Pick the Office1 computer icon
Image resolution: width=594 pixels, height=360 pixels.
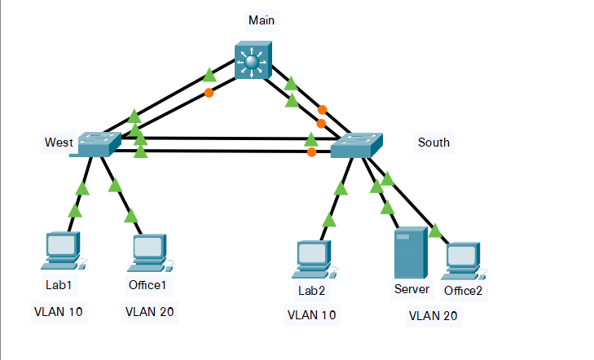tap(148, 253)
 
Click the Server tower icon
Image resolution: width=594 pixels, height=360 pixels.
tap(409, 253)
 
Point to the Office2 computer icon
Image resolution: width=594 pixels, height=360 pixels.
tap(462, 259)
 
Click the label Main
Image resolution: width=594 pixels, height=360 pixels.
tap(257, 19)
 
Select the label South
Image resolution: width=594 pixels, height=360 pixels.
tap(433, 143)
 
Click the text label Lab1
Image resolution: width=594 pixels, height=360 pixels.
tap(59, 286)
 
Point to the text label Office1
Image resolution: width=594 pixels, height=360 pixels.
tap(147, 286)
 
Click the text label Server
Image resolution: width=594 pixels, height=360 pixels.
tap(411, 289)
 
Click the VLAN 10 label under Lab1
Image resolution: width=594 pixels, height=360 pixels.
tap(59, 311)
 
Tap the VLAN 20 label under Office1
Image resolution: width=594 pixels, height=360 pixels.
tap(149, 311)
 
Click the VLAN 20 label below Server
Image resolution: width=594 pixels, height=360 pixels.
tap(433, 315)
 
